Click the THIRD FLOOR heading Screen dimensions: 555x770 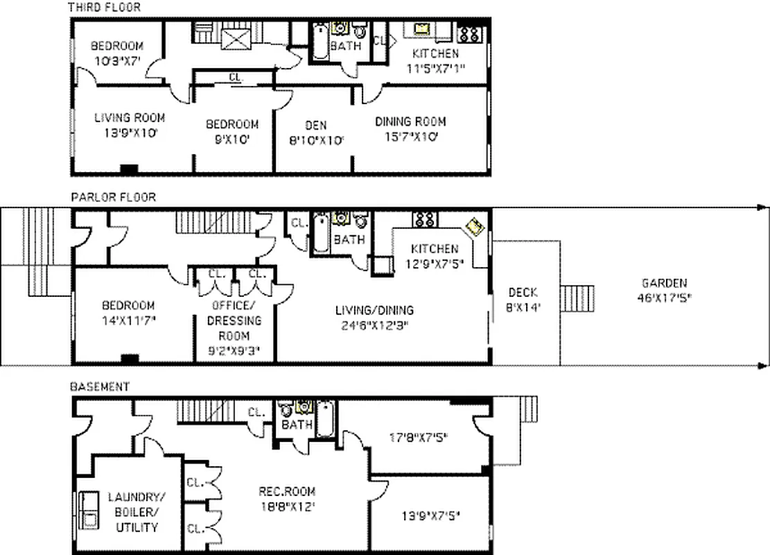[x=103, y=8]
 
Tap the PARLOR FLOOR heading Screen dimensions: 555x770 [x=113, y=197]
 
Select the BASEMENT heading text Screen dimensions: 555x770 [x=100, y=386]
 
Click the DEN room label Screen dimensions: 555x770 [x=315, y=126]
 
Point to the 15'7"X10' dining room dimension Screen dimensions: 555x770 [x=410, y=137]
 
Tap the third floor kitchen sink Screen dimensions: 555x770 [x=422, y=29]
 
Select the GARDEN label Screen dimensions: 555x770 [x=664, y=283]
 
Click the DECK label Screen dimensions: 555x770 [x=524, y=292]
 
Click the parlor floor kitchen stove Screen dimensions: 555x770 [x=425, y=219]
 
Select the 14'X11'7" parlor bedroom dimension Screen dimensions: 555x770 [x=128, y=321]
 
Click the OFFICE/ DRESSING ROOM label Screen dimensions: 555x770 [x=235, y=321]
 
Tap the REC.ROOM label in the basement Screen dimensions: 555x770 [x=287, y=492]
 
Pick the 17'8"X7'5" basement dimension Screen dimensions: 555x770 [x=419, y=437]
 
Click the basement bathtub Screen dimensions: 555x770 [x=325, y=418]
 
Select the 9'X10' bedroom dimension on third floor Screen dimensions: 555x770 [x=232, y=139]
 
